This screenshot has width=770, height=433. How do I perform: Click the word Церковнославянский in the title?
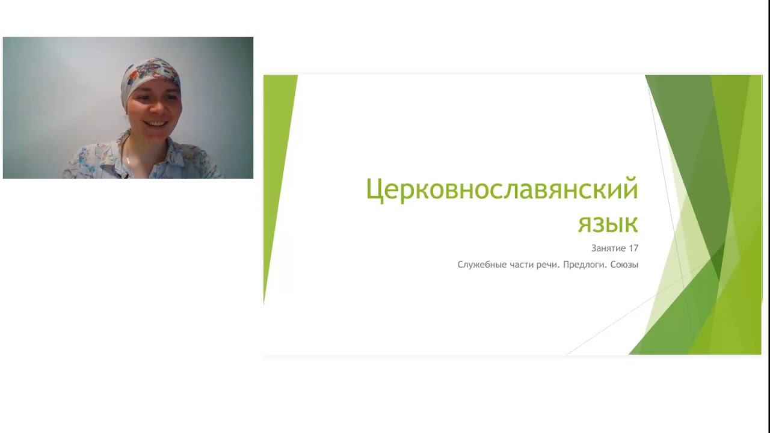(x=502, y=191)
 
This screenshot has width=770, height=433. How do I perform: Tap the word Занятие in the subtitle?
(x=607, y=248)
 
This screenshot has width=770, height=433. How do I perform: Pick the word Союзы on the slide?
(x=622, y=265)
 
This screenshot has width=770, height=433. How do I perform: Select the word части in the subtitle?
(x=520, y=265)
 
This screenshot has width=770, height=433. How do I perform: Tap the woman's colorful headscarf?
(x=150, y=75)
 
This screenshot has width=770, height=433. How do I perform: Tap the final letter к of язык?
(x=630, y=224)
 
